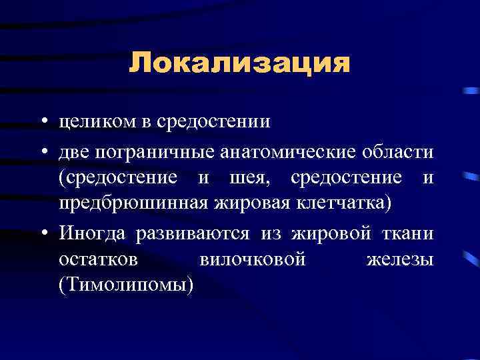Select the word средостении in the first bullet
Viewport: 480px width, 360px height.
pyautogui.click(x=213, y=122)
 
